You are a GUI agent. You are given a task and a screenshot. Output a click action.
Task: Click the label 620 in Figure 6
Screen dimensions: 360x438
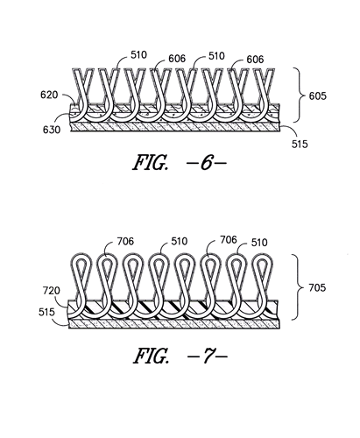point(49,95)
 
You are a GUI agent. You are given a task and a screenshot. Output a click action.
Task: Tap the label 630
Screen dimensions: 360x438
point(52,130)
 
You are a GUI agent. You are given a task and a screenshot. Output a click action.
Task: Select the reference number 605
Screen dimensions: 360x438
point(318,95)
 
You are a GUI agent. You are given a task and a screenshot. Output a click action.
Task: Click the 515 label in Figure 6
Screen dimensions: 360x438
point(300,144)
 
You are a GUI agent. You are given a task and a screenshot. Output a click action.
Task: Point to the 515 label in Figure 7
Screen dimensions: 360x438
point(46,312)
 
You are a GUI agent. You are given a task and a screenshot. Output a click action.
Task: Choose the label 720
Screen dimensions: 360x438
point(52,291)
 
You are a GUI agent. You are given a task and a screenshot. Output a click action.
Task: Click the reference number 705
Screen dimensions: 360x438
point(317,287)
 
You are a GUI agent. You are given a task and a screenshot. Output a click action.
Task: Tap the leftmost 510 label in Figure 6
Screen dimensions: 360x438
point(138,54)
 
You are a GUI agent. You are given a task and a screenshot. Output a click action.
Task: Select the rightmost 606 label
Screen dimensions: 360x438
point(255,60)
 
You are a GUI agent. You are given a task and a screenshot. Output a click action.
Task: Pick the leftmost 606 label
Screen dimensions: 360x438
point(177,59)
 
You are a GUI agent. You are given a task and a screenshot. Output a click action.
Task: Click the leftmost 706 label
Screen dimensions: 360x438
point(125,241)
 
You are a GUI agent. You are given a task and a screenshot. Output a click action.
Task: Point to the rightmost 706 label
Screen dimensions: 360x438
point(229,240)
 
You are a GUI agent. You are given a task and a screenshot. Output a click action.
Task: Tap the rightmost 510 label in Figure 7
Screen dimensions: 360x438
point(259,243)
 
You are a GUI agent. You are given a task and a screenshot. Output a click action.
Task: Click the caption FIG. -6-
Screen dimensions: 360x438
point(180,162)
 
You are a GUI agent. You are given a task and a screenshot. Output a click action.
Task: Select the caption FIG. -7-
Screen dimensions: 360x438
point(180,356)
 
